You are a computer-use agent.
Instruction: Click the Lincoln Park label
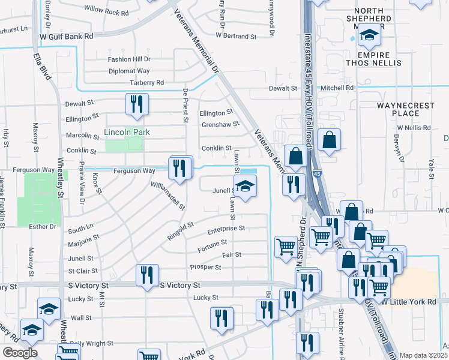coord(127,132)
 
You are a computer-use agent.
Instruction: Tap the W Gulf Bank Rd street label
coord(67,36)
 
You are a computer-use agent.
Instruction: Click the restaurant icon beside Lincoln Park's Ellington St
coord(136,104)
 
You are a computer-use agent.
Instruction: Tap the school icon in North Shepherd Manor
coord(369,38)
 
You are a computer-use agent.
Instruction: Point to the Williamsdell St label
coord(167,196)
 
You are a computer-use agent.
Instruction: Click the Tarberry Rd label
coord(146,83)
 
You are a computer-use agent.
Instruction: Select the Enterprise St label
coord(226,229)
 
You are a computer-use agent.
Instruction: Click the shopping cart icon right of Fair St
coord(286,246)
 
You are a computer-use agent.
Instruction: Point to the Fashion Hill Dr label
coord(129,59)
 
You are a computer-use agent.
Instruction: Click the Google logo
coord(20,353)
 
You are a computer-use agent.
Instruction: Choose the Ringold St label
coord(181,230)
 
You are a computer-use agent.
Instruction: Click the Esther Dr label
coord(43,226)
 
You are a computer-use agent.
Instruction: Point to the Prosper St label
coord(205,267)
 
